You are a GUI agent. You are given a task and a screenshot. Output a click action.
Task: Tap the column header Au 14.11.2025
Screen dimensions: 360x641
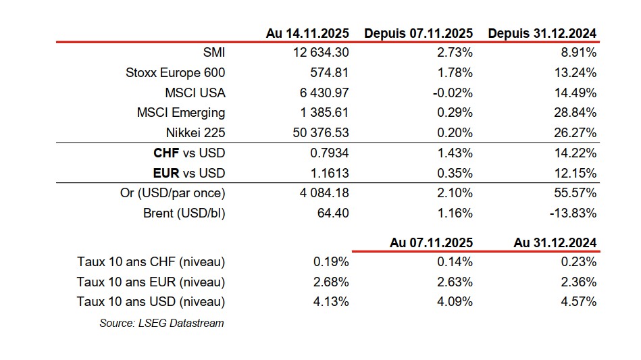307,33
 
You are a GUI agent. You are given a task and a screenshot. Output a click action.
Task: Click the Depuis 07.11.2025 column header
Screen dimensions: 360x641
419,33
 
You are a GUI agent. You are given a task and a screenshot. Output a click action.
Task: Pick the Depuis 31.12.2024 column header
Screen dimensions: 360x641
542,33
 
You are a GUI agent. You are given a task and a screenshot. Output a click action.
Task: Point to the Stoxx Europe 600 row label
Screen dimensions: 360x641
176,73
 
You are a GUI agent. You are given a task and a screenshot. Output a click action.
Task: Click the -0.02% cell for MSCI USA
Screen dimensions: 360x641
453,93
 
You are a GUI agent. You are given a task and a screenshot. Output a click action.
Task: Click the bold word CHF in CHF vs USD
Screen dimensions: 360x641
167,153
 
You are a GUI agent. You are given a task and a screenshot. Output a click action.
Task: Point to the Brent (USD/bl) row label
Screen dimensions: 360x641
184,213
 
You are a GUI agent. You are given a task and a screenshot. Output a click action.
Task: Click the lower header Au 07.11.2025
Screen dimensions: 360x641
431,242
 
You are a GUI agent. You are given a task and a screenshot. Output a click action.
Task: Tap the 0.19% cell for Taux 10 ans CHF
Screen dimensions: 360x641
332,262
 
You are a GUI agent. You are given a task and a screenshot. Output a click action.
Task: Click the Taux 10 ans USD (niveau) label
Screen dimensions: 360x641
151,302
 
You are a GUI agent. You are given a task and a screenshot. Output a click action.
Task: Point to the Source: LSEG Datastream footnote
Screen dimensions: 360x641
161,323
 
